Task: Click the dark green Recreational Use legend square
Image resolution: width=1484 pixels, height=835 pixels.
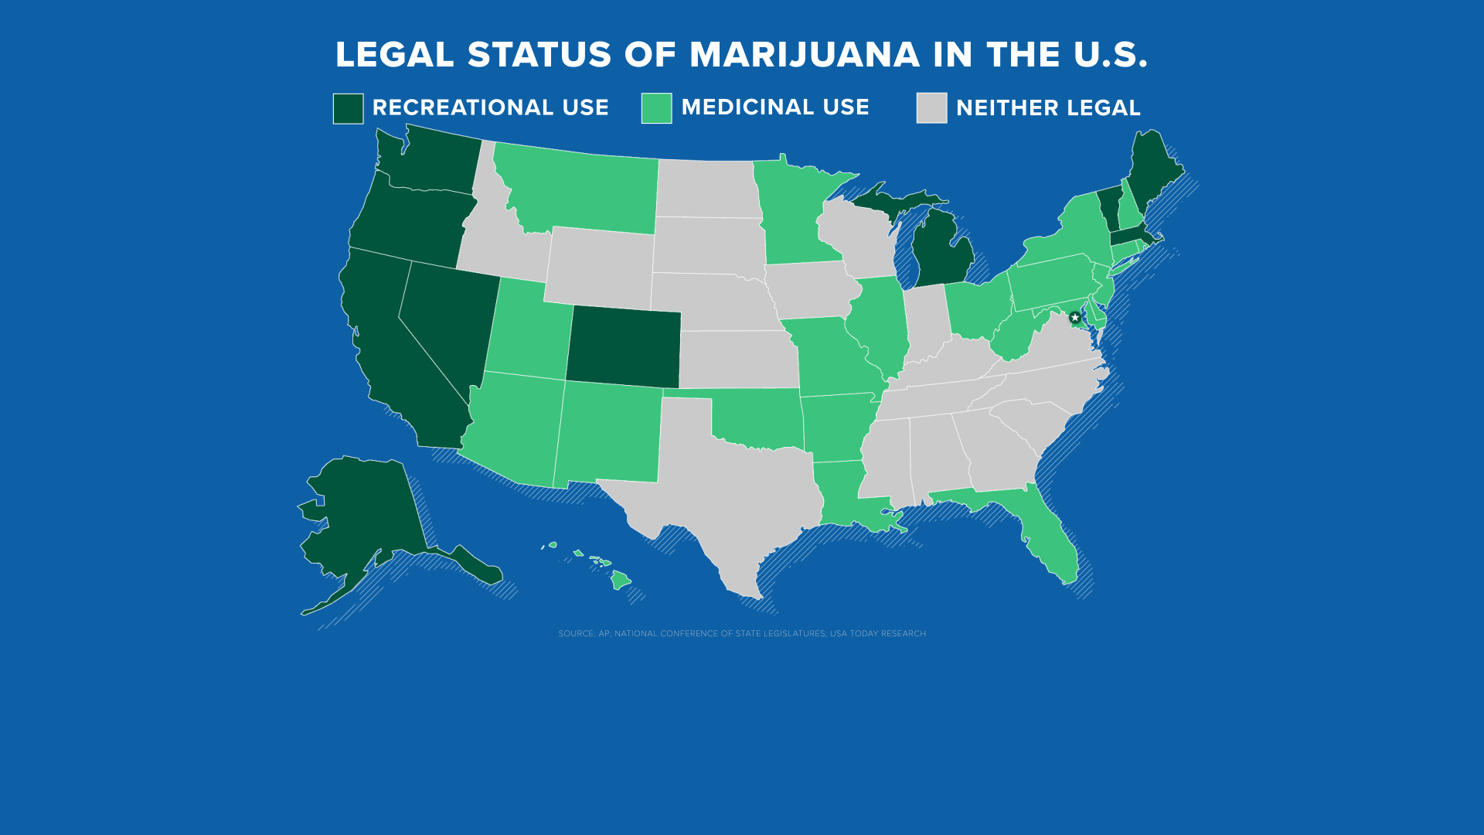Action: pyautogui.click(x=348, y=108)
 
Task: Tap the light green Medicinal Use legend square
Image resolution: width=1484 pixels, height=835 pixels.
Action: pyautogui.click(x=656, y=108)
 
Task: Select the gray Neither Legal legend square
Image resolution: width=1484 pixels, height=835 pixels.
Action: pyautogui.click(x=931, y=108)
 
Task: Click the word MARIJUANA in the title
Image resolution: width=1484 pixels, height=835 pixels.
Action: pyautogui.click(x=804, y=55)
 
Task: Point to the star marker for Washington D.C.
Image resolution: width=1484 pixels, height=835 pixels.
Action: pyautogui.click(x=1074, y=318)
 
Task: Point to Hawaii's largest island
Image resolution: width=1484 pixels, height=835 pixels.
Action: pyautogui.click(x=620, y=579)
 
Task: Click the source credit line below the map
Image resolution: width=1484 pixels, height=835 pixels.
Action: pyautogui.click(x=742, y=633)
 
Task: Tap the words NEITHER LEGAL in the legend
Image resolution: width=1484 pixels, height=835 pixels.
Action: pyautogui.click(x=1047, y=108)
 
